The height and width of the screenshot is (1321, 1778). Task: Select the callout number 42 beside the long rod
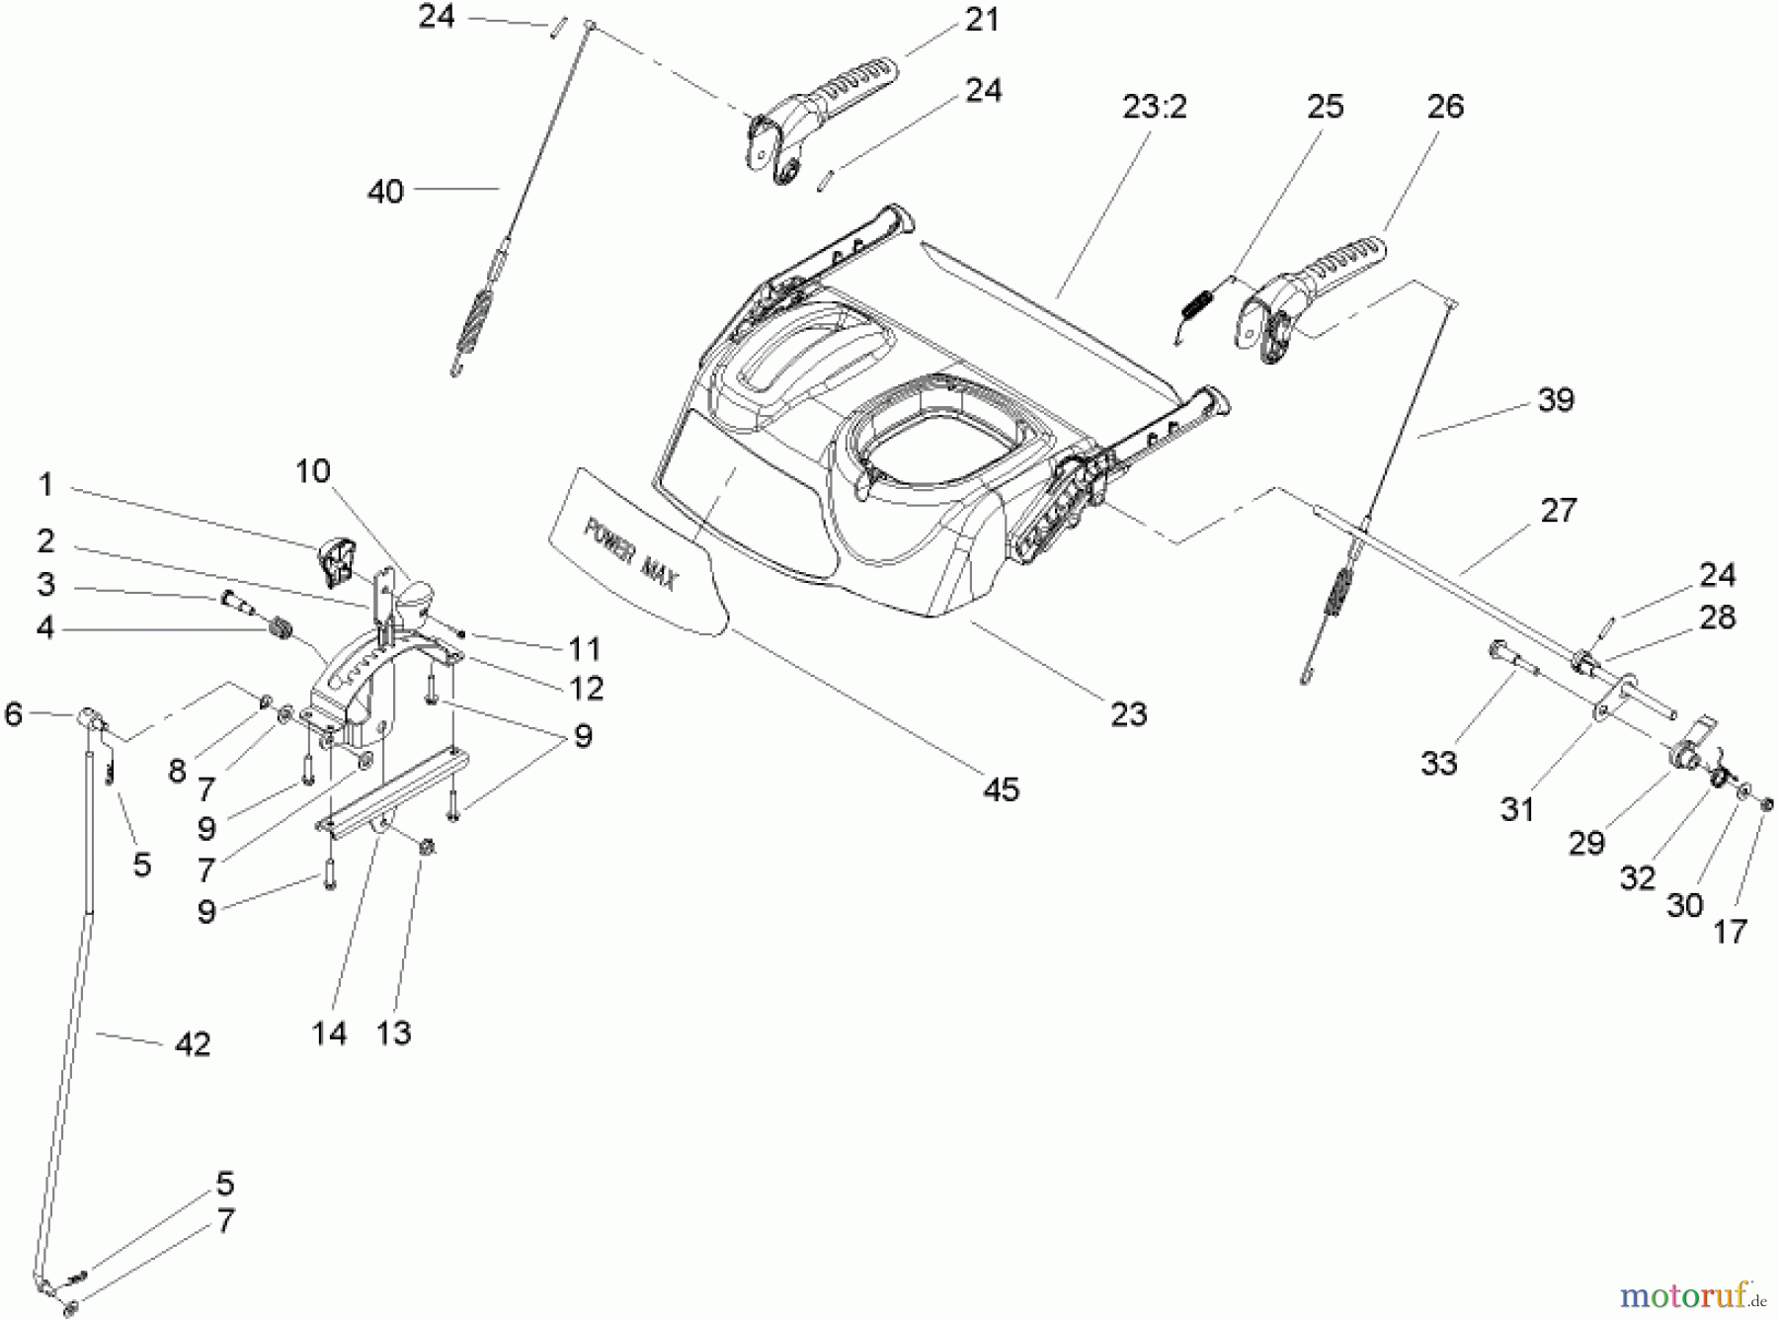pos(193,1043)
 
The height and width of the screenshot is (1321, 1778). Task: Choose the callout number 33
pos(1438,762)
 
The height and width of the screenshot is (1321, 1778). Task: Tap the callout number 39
pos(1556,399)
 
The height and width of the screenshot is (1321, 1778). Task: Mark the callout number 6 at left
pos(14,712)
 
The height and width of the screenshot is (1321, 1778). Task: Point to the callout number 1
pos(45,485)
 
